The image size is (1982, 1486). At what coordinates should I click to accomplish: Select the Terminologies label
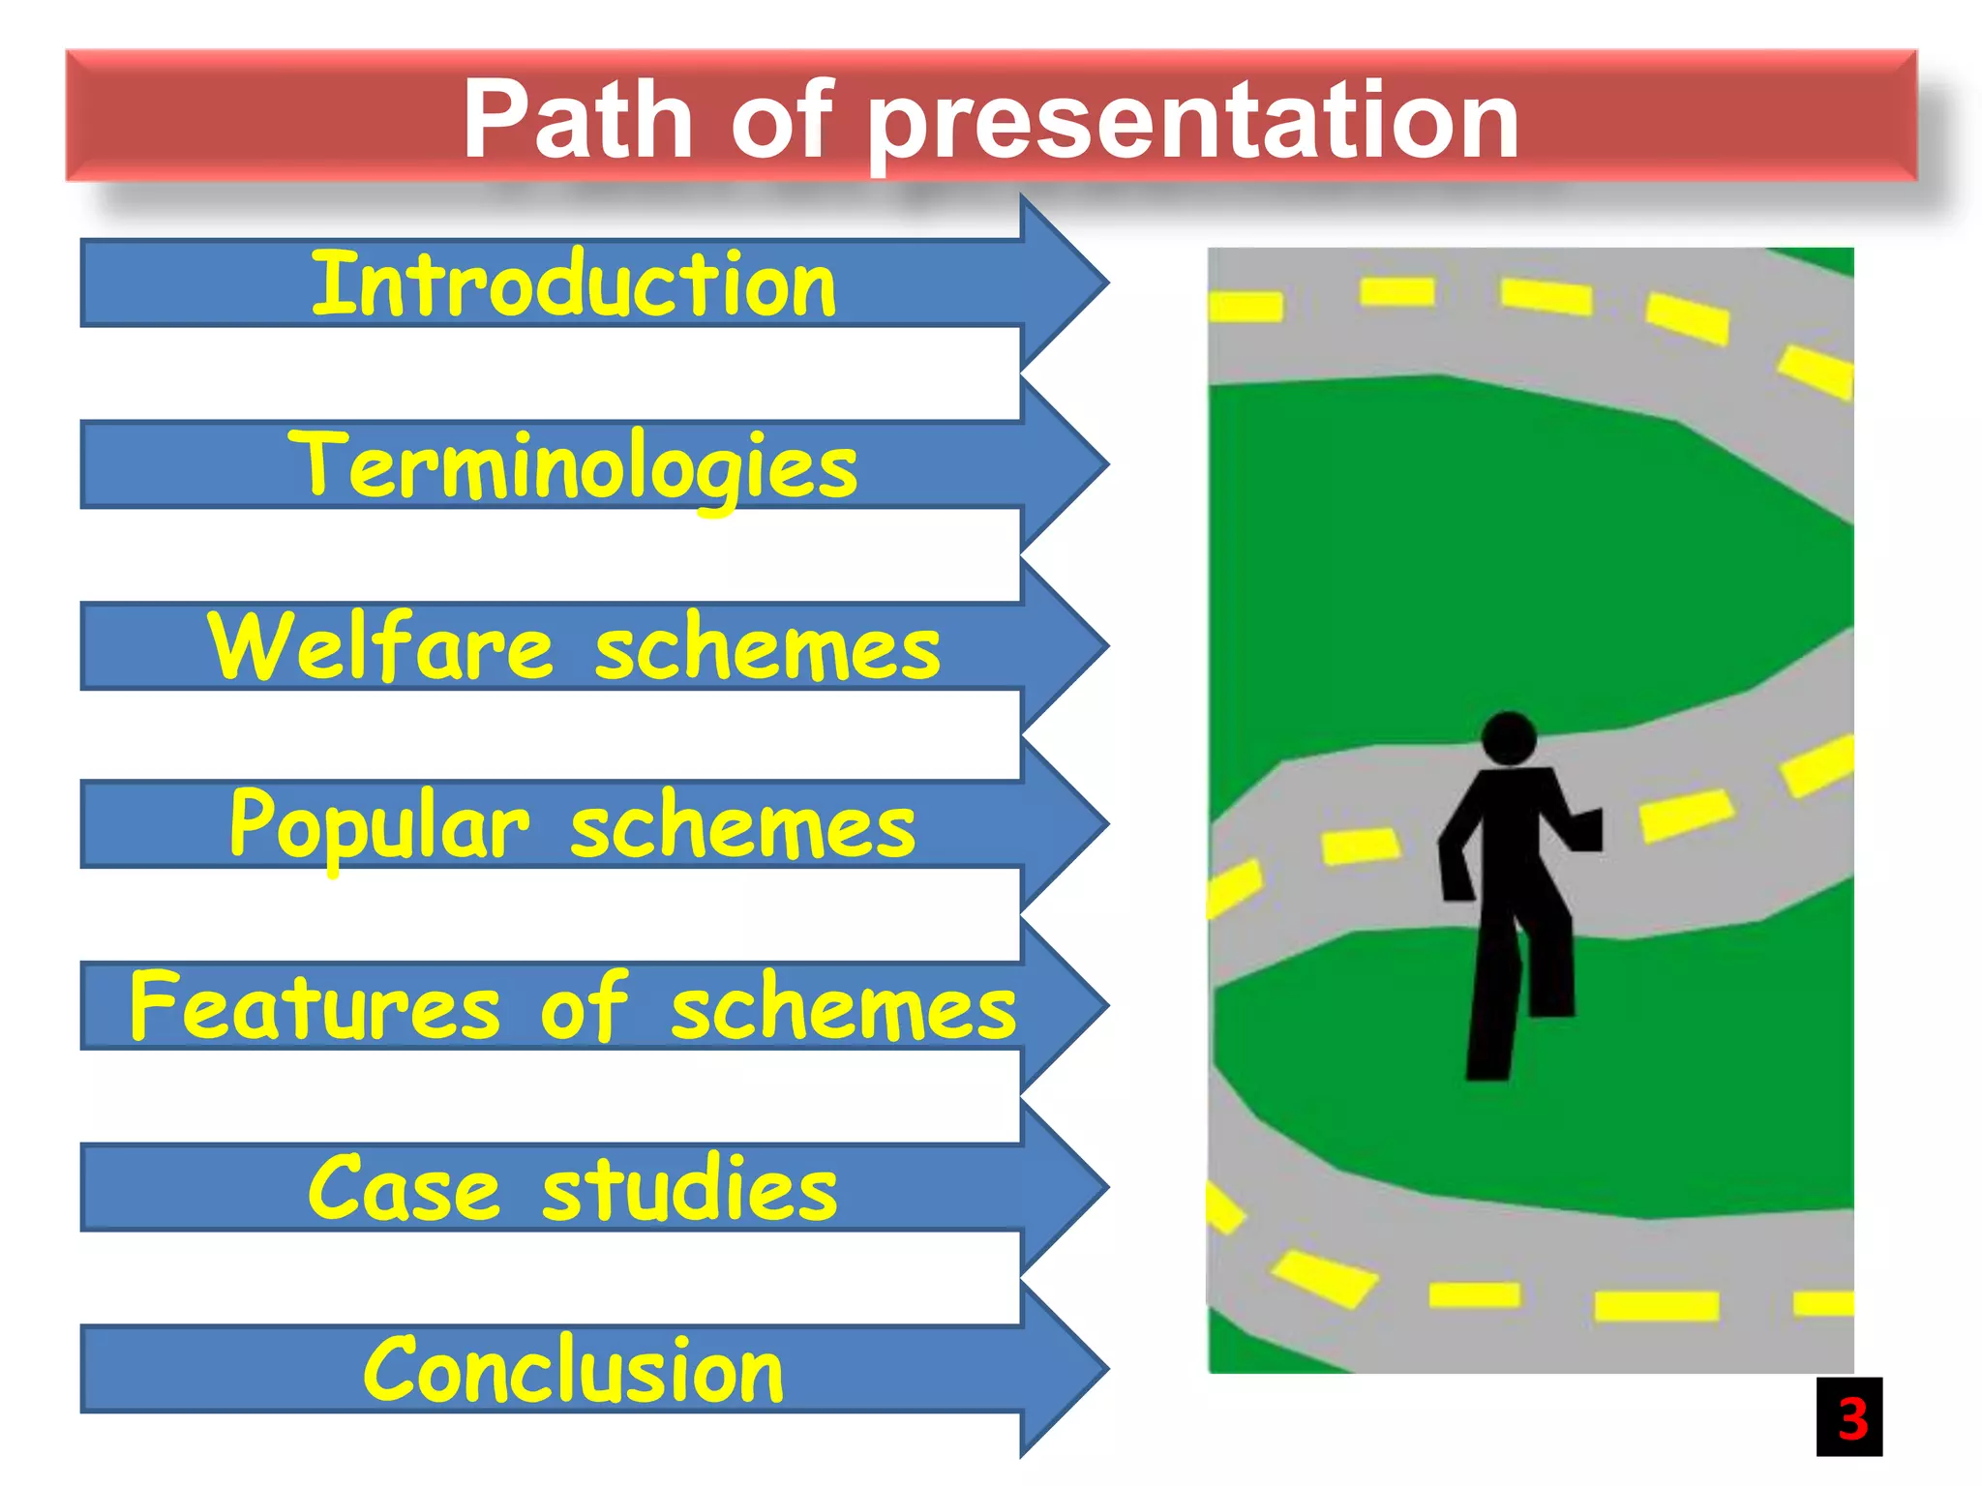(573, 466)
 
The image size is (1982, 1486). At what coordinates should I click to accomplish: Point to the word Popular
(379, 825)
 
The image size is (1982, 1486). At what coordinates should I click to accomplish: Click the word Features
(315, 1007)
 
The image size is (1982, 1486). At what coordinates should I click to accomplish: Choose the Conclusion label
(573, 1370)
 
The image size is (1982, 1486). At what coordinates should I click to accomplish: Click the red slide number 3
(1850, 1418)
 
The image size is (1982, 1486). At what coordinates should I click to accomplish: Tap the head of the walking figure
(1509, 739)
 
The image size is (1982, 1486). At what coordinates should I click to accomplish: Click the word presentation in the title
(1192, 120)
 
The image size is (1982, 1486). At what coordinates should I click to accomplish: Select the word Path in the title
(578, 120)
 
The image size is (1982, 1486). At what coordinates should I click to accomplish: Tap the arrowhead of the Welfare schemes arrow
(1065, 645)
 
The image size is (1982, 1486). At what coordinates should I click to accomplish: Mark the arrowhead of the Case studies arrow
(1065, 1187)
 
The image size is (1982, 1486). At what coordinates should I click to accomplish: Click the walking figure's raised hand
(1587, 830)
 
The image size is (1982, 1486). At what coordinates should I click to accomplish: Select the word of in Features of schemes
(584, 1007)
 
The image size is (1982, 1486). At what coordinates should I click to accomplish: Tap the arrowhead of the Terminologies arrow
(1065, 463)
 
